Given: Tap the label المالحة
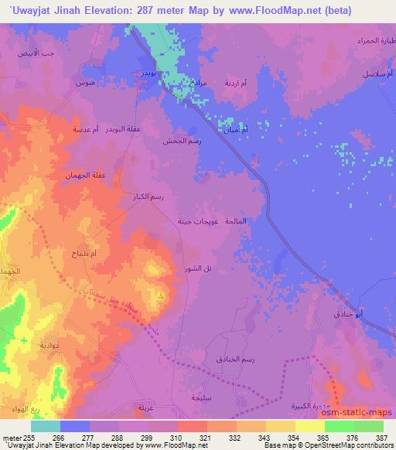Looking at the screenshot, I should point(234,221).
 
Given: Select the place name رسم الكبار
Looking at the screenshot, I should point(145,197).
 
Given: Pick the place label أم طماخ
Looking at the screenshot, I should point(82,254).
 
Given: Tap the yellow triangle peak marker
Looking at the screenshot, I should point(160,295).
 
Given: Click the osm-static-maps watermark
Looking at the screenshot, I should point(363,414).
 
